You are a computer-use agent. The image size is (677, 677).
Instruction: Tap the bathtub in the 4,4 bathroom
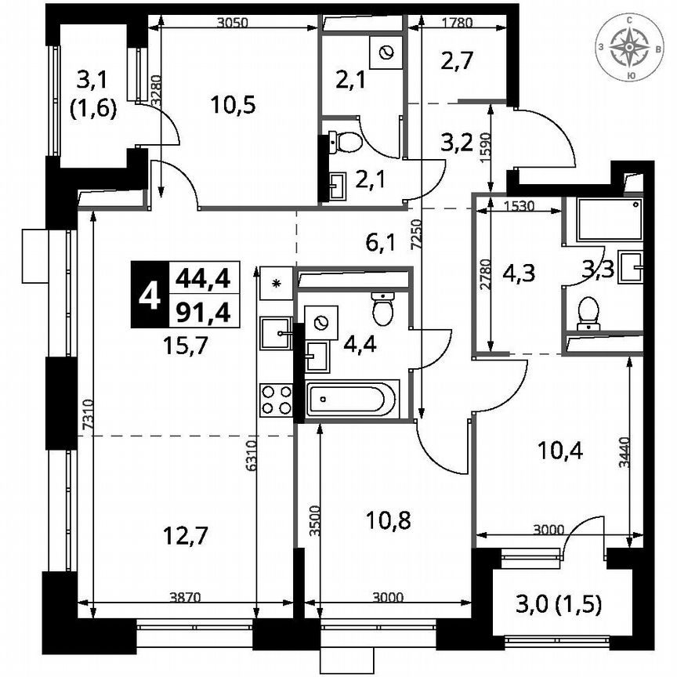point(352,400)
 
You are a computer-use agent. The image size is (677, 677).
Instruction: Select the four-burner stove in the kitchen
point(276,399)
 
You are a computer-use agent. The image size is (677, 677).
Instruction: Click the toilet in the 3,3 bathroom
point(588,313)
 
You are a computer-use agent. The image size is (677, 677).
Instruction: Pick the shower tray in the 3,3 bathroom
point(608,219)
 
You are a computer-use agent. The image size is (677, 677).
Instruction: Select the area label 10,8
point(389,520)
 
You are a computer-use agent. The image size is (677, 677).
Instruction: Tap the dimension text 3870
point(186,597)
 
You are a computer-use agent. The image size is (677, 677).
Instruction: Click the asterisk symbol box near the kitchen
point(277,281)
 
